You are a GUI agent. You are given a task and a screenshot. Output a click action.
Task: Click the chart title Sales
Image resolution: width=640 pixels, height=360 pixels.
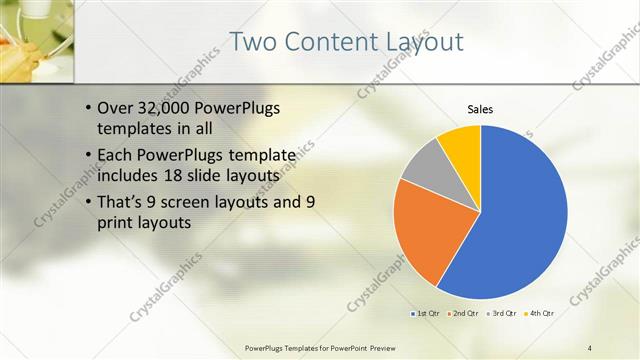click(480, 109)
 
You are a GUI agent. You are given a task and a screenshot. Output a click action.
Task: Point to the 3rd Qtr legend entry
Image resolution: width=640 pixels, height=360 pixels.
click(502, 313)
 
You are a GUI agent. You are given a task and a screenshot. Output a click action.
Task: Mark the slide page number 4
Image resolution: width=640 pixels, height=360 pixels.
click(590, 347)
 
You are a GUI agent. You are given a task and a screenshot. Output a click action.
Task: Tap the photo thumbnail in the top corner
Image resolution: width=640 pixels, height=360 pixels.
click(36, 40)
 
